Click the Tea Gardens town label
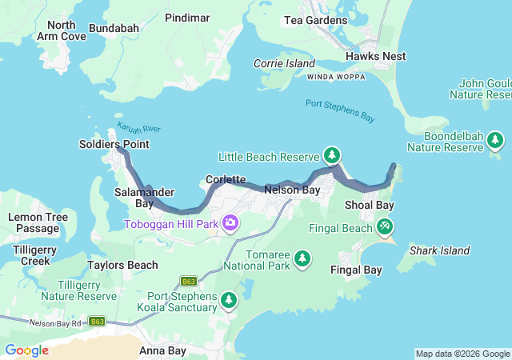[317, 20]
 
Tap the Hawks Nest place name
[376, 56]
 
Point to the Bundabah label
[114, 28]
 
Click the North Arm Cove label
[62, 30]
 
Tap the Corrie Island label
[284, 63]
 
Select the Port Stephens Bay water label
[340, 110]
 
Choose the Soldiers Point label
[114, 144]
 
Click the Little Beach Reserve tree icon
[332, 154]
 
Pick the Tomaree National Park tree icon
[302, 258]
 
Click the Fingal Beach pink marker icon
[386, 227]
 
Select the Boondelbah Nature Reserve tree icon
[495, 141]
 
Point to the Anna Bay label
[162, 350]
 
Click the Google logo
[26, 350]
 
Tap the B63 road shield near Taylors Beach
[189, 282]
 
